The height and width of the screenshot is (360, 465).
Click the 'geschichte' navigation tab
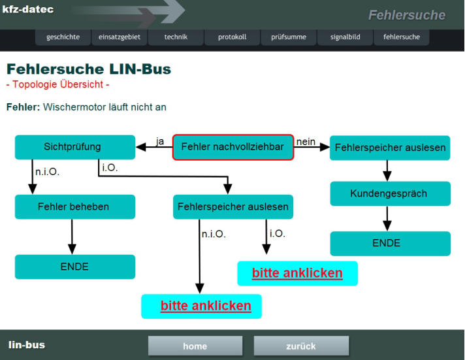63,37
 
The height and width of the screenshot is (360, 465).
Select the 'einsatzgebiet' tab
119,37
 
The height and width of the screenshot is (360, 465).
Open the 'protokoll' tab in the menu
232,37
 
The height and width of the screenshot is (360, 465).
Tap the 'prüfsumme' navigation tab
288,37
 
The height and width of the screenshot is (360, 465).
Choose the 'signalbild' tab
345,37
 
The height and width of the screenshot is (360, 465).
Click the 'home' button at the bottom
195,346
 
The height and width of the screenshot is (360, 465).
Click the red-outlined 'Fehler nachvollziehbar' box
233,147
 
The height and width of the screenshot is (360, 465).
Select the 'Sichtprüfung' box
74,147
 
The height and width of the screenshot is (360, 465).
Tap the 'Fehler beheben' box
74,206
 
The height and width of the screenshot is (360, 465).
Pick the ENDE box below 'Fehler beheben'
74,267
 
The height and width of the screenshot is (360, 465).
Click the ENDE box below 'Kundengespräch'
390,243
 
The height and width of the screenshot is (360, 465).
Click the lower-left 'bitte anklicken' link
205,306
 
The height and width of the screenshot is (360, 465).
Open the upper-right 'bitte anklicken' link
297,273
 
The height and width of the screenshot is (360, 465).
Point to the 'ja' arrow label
160,141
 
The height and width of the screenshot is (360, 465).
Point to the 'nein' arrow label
306,141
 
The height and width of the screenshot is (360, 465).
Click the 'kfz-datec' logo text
28,10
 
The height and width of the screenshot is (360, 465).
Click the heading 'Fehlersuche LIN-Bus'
88,69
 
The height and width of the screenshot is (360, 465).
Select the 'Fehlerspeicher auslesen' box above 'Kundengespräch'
390,148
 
